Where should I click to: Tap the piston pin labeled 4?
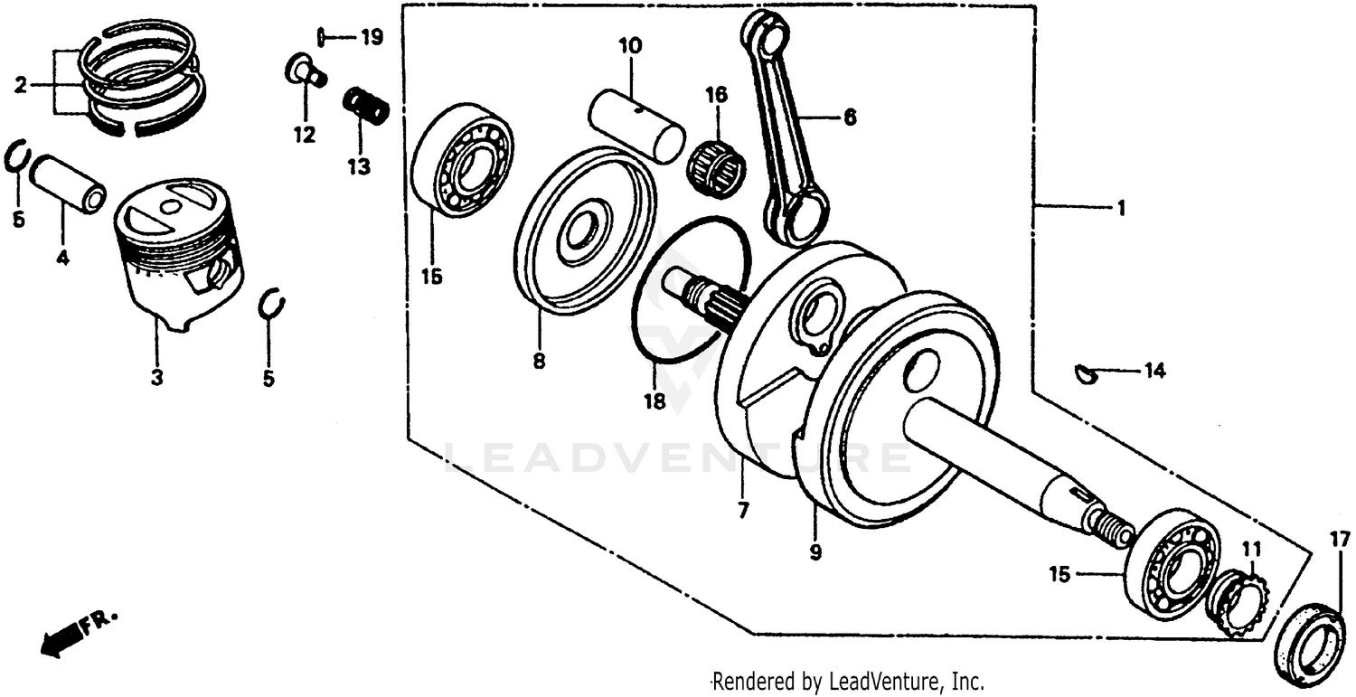coord(67,184)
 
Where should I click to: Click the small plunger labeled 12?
coord(305,71)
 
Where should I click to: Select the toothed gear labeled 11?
coord(1239,601)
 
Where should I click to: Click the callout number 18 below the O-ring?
coord(654,400)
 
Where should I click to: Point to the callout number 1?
coord(1120,209)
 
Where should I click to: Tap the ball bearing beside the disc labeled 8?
coord(461,160)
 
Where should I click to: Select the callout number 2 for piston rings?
coord(20,86)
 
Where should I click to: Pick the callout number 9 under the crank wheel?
coord(815,551)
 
